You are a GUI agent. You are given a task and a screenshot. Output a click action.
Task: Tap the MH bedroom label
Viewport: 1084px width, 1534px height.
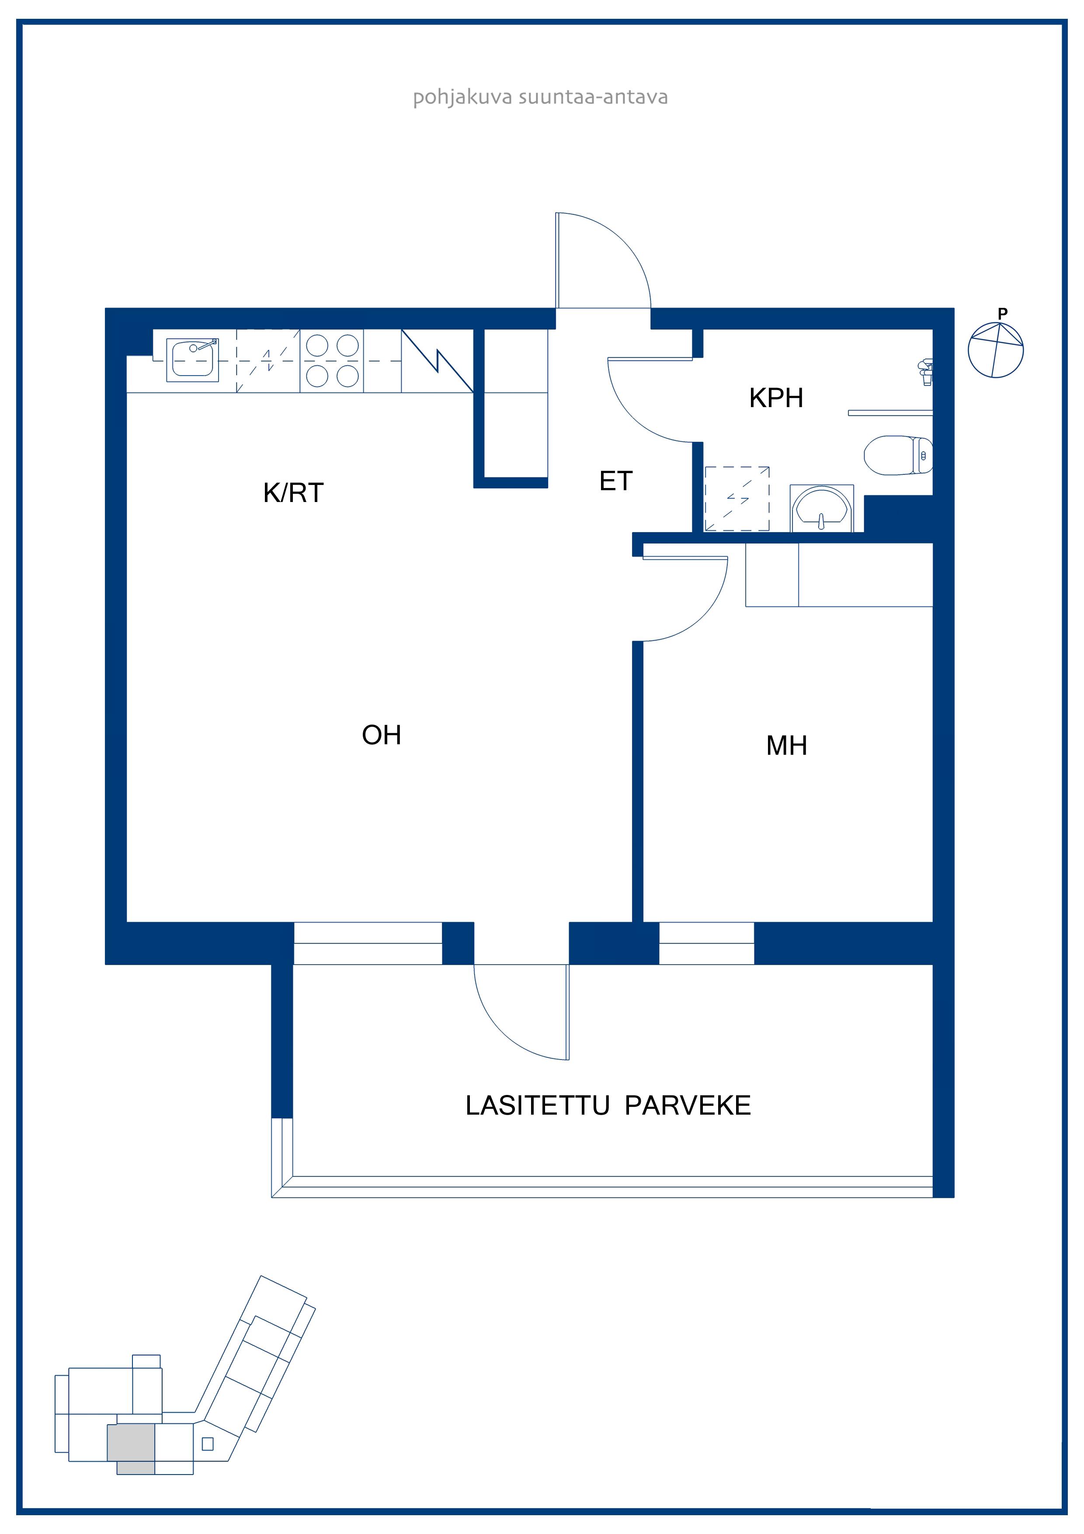click(x=787, y=746)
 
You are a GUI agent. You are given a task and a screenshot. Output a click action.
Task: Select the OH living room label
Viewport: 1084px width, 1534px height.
click(x=382, y=735)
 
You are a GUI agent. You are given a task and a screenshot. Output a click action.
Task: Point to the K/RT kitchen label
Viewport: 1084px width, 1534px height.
click(x=293, y=493)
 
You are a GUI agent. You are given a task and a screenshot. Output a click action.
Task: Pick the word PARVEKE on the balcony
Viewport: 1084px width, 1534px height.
click(x=688, y=1106)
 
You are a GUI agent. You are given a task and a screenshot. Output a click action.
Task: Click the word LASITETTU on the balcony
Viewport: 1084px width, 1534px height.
click(x=537, y=1106)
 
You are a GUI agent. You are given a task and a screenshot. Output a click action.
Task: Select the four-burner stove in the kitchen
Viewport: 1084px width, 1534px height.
click(x=332, y=361)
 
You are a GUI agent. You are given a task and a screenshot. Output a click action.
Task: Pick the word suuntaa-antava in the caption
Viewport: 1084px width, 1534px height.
click(x=593, y=98)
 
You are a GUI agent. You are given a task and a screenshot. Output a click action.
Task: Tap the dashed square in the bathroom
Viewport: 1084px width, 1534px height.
click(x=737, y=499)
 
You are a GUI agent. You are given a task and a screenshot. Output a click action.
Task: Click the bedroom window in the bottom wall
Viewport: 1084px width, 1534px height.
click(x=707, y=943)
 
